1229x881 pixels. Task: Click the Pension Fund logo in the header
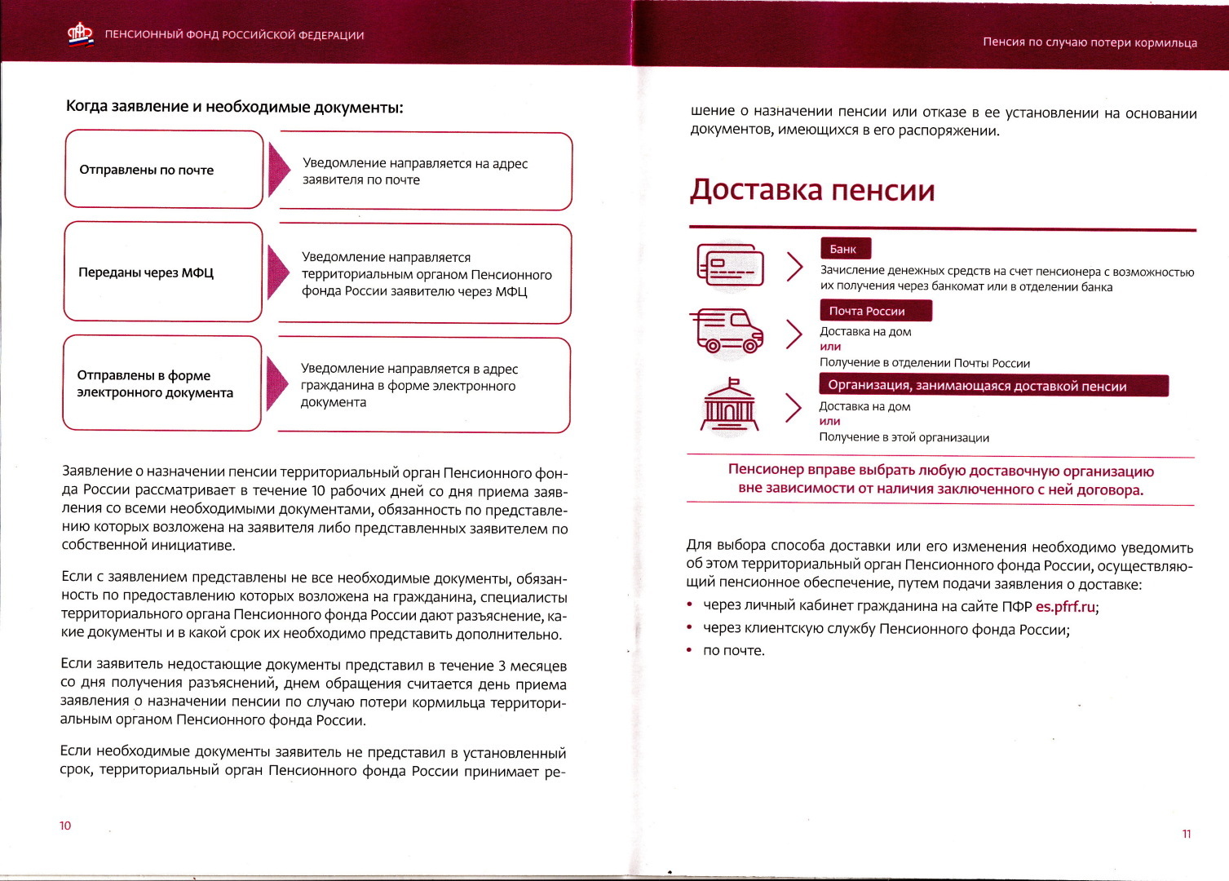tap(80, 34)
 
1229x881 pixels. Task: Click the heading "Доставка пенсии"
tap(811, 190)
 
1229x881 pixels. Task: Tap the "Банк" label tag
tap(844, 249)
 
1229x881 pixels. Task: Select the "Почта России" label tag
tap(874, 311)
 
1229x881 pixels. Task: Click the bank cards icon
tap(730, 265)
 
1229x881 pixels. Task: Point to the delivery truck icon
tap(727, 331)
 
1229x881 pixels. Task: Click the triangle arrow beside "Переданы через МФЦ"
tap(278, 272)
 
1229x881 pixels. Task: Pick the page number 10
tap(65, 826)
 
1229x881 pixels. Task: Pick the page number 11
tap(1186, 834)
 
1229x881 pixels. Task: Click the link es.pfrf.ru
tap(1065, 607)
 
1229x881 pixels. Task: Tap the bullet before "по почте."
tap(690, 650)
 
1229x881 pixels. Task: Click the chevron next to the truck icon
tap(794, 334)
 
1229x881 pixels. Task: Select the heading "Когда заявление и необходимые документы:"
tap(235, 107)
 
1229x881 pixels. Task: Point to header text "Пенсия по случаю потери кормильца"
tap(1090, 42)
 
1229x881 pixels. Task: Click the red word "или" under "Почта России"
tap(830, 347)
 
